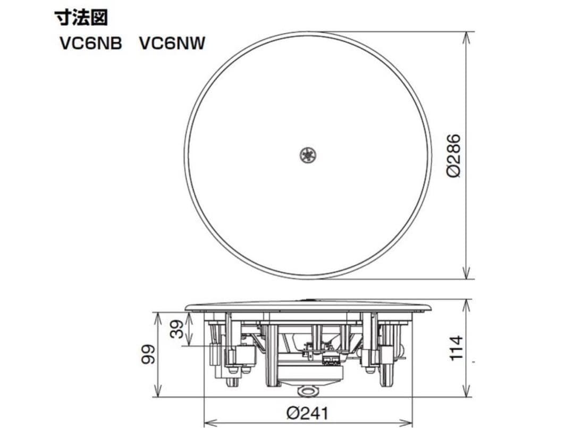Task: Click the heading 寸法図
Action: point(81,18)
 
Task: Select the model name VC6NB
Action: point(90,44)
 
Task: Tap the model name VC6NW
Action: point(172,44)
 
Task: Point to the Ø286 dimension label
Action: point(453,155)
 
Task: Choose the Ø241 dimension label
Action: point(307,413)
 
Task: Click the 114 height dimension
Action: point(456,348)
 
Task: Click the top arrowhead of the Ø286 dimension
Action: point(467,35)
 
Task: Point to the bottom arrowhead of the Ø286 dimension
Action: point(467,275)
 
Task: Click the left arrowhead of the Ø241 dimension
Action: point(208,424)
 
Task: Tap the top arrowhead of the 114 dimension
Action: point(467,303)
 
